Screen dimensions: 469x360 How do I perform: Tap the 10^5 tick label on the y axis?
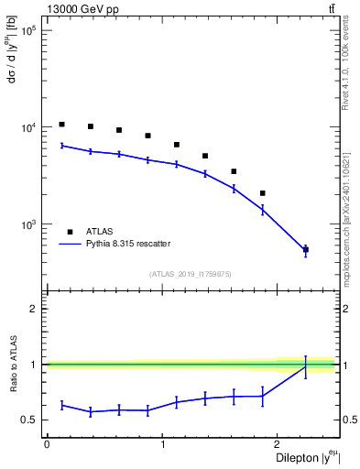pyautogui.click(x=29, y=31)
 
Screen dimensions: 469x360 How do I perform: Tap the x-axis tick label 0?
pyautogui.click(x=47, y=443)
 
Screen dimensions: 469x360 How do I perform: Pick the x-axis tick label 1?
pyautogui.click(x=162, y=443)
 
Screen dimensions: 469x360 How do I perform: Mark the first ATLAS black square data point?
pyautogui.click(x=61, y=125)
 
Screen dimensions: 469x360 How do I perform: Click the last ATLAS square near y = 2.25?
pyautogui.click(x=305, y=249)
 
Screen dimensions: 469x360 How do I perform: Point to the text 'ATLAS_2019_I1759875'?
pyautogui.click(x=191, y=273)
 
